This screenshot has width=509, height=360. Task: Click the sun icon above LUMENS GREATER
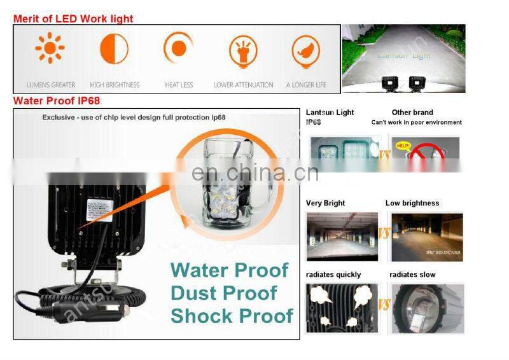pos(50,49)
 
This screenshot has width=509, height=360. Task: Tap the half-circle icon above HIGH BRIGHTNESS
pos(114,49)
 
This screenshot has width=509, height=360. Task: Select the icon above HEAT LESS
pos(178,49)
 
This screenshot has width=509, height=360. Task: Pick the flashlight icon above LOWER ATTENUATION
pos(243,52)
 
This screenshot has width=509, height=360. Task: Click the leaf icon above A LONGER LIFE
pos(305,52)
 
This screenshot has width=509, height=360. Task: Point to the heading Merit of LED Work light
pos(73,18)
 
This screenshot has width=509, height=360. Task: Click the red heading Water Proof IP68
pos(57,100)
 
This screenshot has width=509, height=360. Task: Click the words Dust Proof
pos(223,293)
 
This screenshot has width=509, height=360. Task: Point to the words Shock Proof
pos(232,315)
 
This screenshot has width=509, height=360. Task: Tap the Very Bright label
pos(325,204)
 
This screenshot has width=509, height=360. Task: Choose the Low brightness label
pos(412,204)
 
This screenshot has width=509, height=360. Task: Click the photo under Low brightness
pos(427,237)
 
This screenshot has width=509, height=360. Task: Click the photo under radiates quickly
pos(342,308)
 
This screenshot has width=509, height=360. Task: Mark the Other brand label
pos(412,113)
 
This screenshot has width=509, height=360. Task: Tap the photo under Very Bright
pos(342,237)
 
